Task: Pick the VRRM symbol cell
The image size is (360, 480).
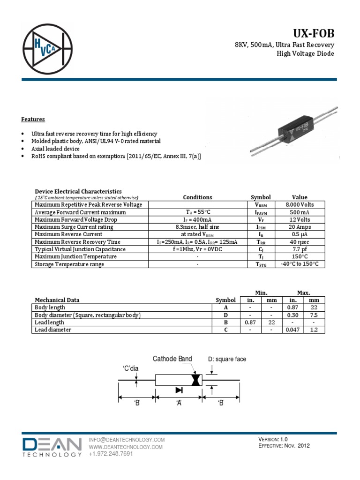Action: click(261, 205)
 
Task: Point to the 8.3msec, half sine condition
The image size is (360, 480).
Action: click(197, 227)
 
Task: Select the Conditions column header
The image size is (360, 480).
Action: click(197, 197)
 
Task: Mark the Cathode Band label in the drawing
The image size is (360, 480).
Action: click(172, 359)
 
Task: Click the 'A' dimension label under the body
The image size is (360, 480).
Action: click(179, 403)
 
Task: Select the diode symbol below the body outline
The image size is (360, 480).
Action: click(179, 390)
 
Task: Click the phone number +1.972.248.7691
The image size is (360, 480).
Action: click(111, 454)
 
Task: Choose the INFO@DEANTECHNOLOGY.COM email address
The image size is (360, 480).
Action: click(127, 440)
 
